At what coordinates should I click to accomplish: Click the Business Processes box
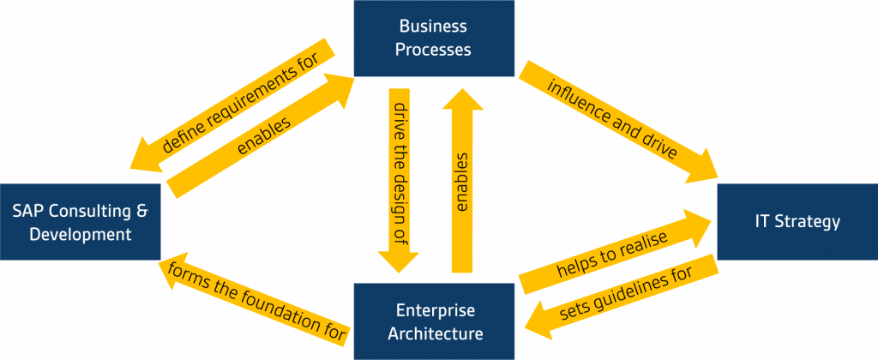434,38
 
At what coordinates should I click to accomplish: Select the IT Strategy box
797,221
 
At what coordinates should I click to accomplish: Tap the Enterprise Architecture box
434,321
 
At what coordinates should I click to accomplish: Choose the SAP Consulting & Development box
80,221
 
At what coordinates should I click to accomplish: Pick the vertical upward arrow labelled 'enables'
462,180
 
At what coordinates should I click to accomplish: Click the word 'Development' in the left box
80,233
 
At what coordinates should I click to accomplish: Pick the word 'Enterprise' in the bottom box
434,309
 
